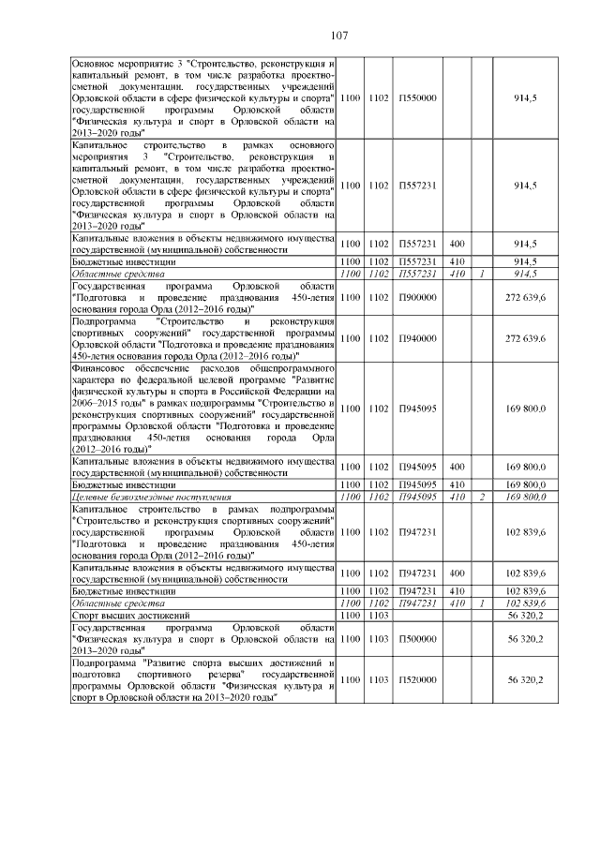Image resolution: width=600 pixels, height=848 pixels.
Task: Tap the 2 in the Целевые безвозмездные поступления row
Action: (481, 497)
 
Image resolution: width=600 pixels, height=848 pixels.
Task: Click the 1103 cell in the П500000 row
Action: (379, 638)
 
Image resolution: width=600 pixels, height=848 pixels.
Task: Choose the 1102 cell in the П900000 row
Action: (379, 297)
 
